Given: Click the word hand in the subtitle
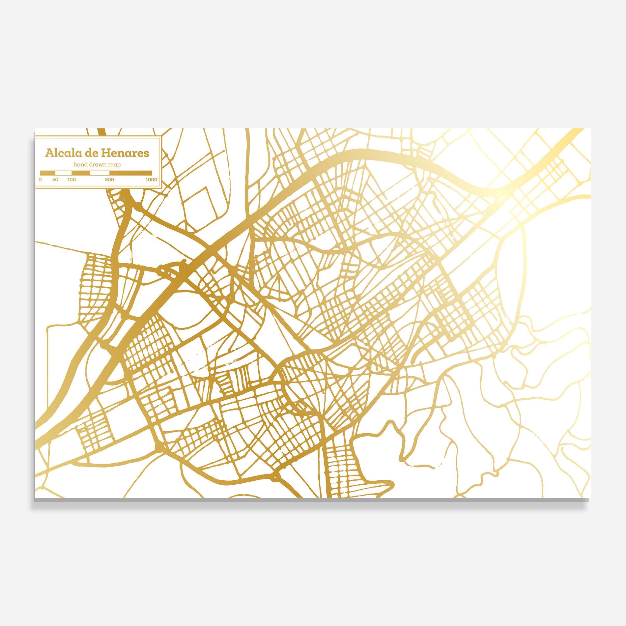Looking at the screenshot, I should coord(81,164).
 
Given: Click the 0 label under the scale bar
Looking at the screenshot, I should coord(40,180).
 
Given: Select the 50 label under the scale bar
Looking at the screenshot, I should coord(55,180).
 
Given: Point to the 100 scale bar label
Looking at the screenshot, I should coord(71,180).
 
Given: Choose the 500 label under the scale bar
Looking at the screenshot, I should coord(109,180).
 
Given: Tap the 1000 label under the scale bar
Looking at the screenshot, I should coord(151,180).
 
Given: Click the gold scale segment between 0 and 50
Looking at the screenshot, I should coord(48,173).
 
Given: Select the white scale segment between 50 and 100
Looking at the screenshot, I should coord(63,173).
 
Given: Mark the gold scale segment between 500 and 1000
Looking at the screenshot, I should coord(130,173).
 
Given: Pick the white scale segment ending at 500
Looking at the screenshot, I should coord(100,173).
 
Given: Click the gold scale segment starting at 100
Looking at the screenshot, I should coord(81,173).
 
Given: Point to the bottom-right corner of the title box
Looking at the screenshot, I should coord(160,189).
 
